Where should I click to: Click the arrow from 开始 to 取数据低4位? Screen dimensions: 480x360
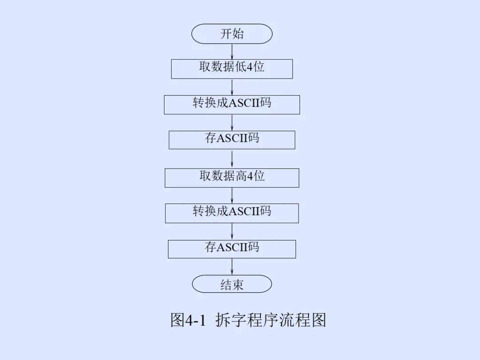pyautogui.click(x=232, y=52)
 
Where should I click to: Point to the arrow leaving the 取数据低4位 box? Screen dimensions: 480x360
pyautogui.click(x=232, y=87)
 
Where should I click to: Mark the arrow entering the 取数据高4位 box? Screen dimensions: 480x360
pyautogui.click(x=232, y=159)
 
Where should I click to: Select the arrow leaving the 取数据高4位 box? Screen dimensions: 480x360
pyautogui.click(x=232, y=196)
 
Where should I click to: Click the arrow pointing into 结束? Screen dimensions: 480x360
pyautogui.click(x=232, y=267)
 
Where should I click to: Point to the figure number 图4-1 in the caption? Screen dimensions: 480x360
pyautogui.click(x=188, y=320)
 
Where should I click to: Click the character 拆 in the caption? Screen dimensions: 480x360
pyautogui.click(x=223, y=320)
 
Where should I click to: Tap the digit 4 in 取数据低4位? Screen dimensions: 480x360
pyautogui.click(x=249, y=67)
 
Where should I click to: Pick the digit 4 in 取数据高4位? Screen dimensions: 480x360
pyautogui.click(x=250, y=176)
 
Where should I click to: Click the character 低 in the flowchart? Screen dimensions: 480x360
pyautogui.click(x=240, y=67)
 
